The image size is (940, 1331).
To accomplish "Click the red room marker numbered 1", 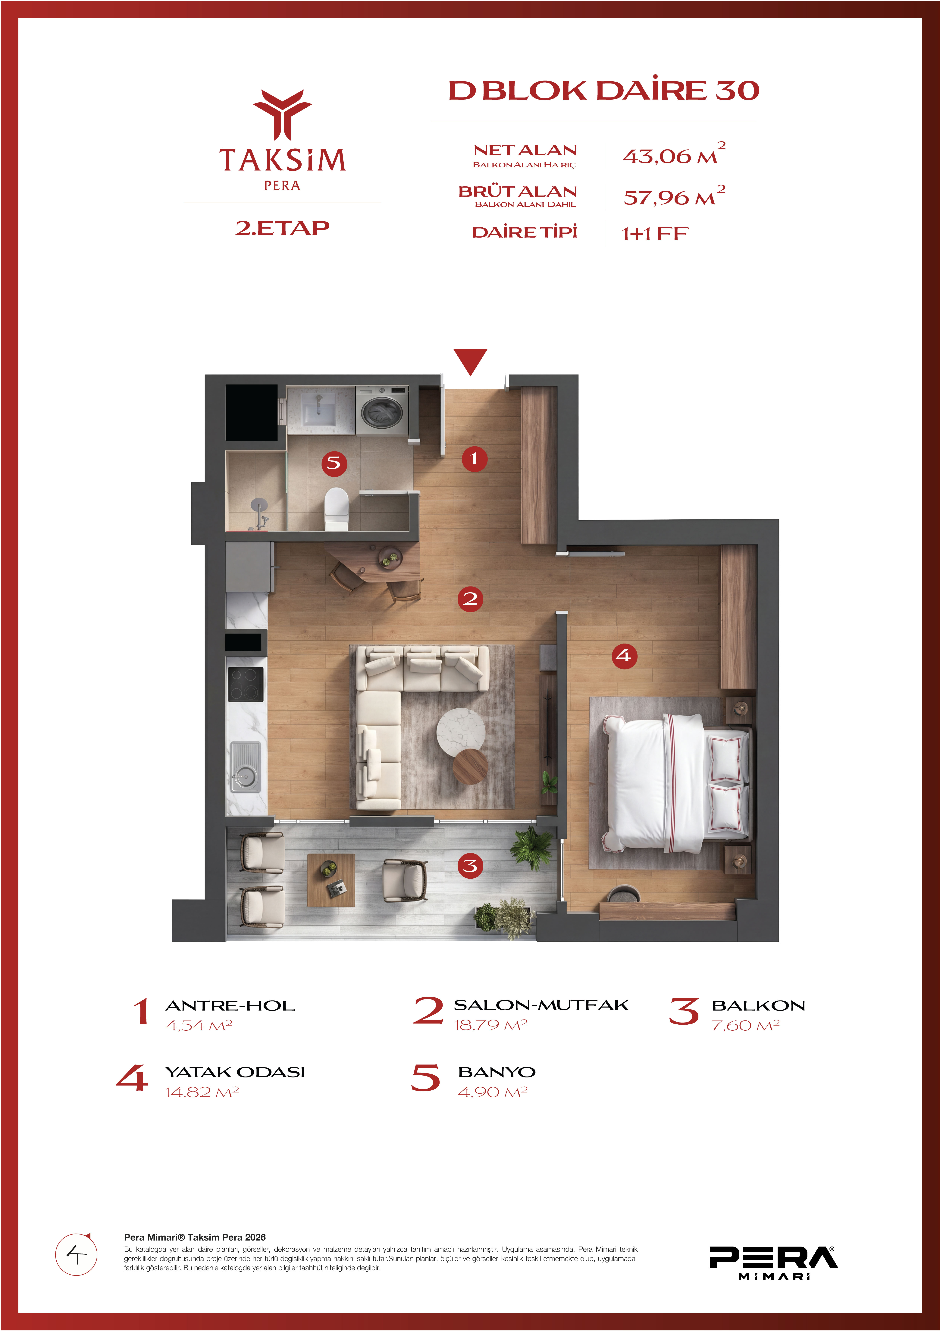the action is tap(474, 459).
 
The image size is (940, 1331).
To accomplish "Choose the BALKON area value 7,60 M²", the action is tap(745, 1026).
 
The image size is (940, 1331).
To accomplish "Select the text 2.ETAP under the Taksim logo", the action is tap(282, 228).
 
